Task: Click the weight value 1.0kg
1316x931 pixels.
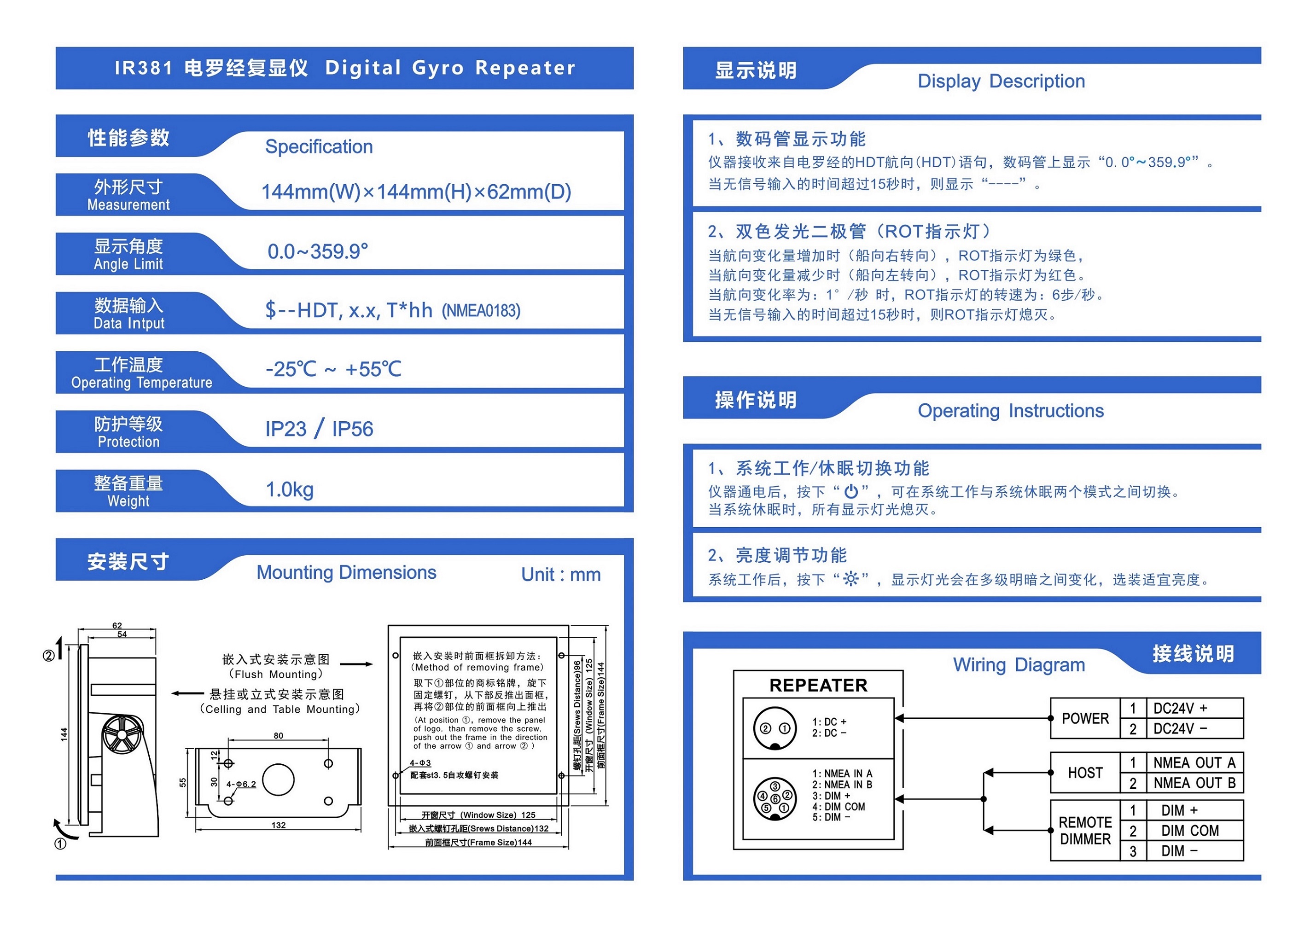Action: pos(290,489)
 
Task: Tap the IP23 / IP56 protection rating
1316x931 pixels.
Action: pos(319,429)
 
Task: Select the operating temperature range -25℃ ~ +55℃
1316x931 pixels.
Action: pos(333,369)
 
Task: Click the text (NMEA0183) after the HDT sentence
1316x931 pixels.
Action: pos(481,311)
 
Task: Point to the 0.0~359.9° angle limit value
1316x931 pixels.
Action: pos(318,251)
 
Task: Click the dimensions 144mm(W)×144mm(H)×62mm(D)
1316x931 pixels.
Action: pos(416,192)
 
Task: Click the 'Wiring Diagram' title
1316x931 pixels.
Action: pos(1019,664)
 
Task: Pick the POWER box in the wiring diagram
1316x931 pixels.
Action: pos(1085,718)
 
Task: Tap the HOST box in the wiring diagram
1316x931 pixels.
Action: pos(1085,773)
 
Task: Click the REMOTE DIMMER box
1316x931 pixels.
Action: pos(1085,831)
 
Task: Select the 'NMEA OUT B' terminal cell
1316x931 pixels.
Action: pos(1194,783)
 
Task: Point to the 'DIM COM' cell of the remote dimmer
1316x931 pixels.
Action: pos(1189,831)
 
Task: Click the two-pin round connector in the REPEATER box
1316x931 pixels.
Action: pos(775,728)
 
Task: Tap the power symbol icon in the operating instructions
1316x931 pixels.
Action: pos(851,491)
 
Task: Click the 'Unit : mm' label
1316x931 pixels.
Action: pos(560,575)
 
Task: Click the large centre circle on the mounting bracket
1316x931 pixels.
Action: pos(278,780)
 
